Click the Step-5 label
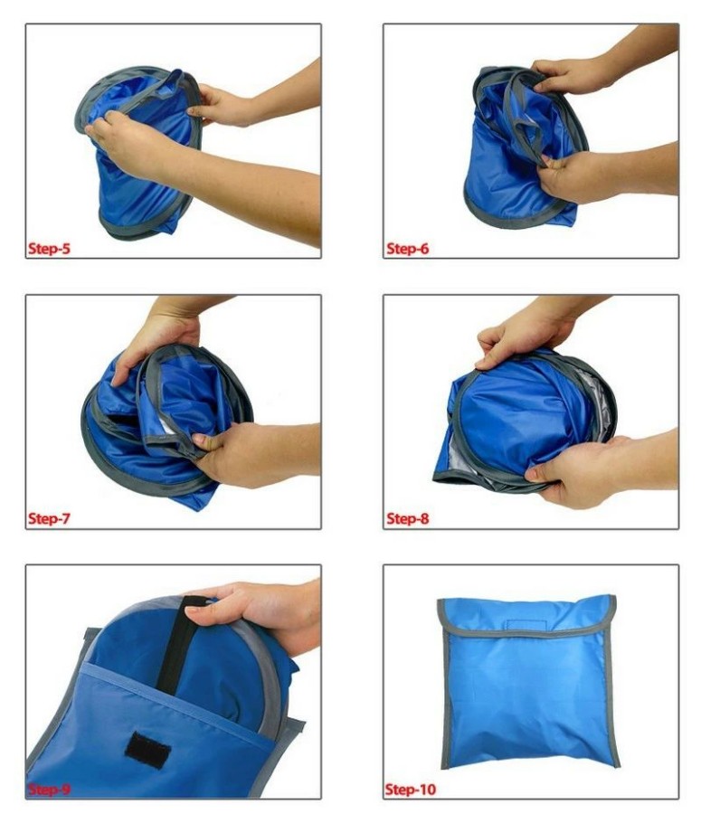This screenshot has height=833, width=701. pyautogui.click(x=49, y=249)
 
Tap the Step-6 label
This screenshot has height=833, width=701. pyautogui.click(x=407, y=249)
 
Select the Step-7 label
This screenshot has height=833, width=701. pyautogui.click(x=49, y=518)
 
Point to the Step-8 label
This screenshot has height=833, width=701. pyautogui.click(x=407, y=518)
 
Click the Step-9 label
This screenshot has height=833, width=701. pyautogui.click(x=49, y=790)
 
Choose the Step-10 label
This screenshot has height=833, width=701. pyautogui.click(x=411, y=790)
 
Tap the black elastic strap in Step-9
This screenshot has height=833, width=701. pyautogui.click(x=177, y=646)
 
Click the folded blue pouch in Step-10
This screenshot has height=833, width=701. pyautogui.click(x=527, y=682)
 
